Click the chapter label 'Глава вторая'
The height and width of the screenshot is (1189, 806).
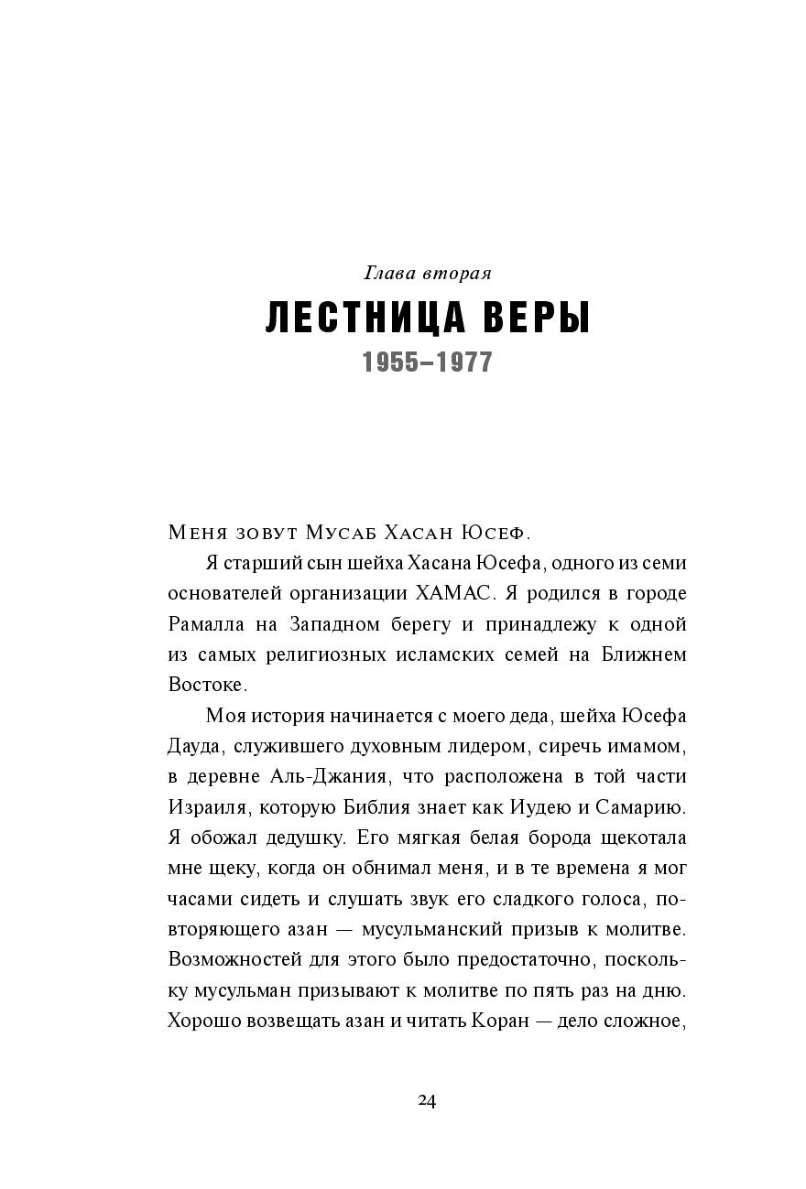tap(429, 273)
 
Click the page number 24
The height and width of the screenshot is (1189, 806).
tap(427, 1100)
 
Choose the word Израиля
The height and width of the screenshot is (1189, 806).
tap(207, 807)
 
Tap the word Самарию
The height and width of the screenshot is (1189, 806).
tap(640, 807)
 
